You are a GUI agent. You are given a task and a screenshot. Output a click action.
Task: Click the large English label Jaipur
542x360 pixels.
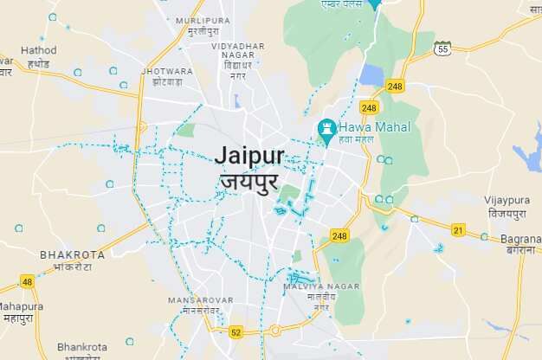(249, 155)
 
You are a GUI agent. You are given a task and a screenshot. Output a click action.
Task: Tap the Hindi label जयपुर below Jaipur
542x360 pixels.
(249, 182)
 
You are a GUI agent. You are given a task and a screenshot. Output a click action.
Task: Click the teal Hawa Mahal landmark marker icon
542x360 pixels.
(327, 127)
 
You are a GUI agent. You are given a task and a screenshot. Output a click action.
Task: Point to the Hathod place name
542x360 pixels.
(38, 50)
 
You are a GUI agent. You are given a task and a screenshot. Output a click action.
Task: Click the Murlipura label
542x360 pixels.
(203, 20)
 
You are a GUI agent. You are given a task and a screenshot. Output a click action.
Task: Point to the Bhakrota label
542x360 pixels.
(73, 255)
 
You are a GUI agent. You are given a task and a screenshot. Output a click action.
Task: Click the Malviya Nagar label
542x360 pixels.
(322, 286)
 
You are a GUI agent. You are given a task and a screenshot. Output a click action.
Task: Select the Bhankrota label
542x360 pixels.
(82, 346)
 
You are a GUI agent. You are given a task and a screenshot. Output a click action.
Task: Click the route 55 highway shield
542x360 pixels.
(443, 48)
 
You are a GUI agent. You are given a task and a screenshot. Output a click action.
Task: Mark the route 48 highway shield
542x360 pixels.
(27, 281)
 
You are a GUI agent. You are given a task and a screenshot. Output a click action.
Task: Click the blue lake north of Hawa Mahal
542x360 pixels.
(372, 75)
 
